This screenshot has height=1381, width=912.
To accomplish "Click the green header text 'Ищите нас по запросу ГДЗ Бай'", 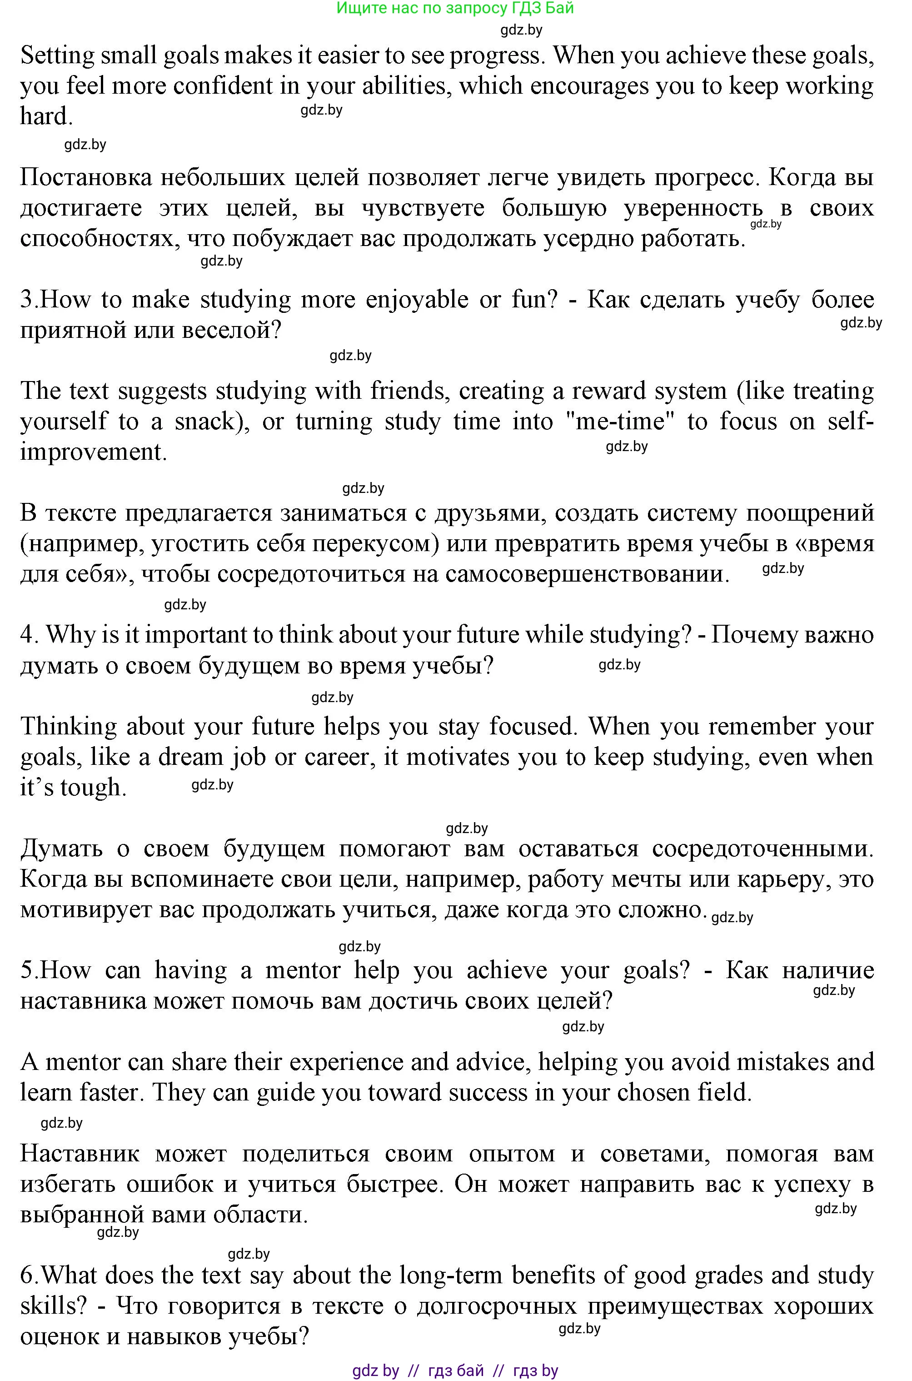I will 455,8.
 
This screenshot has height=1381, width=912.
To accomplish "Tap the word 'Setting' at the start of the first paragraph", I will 57,56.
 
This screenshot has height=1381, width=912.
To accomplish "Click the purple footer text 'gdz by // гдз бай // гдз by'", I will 455,1371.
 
